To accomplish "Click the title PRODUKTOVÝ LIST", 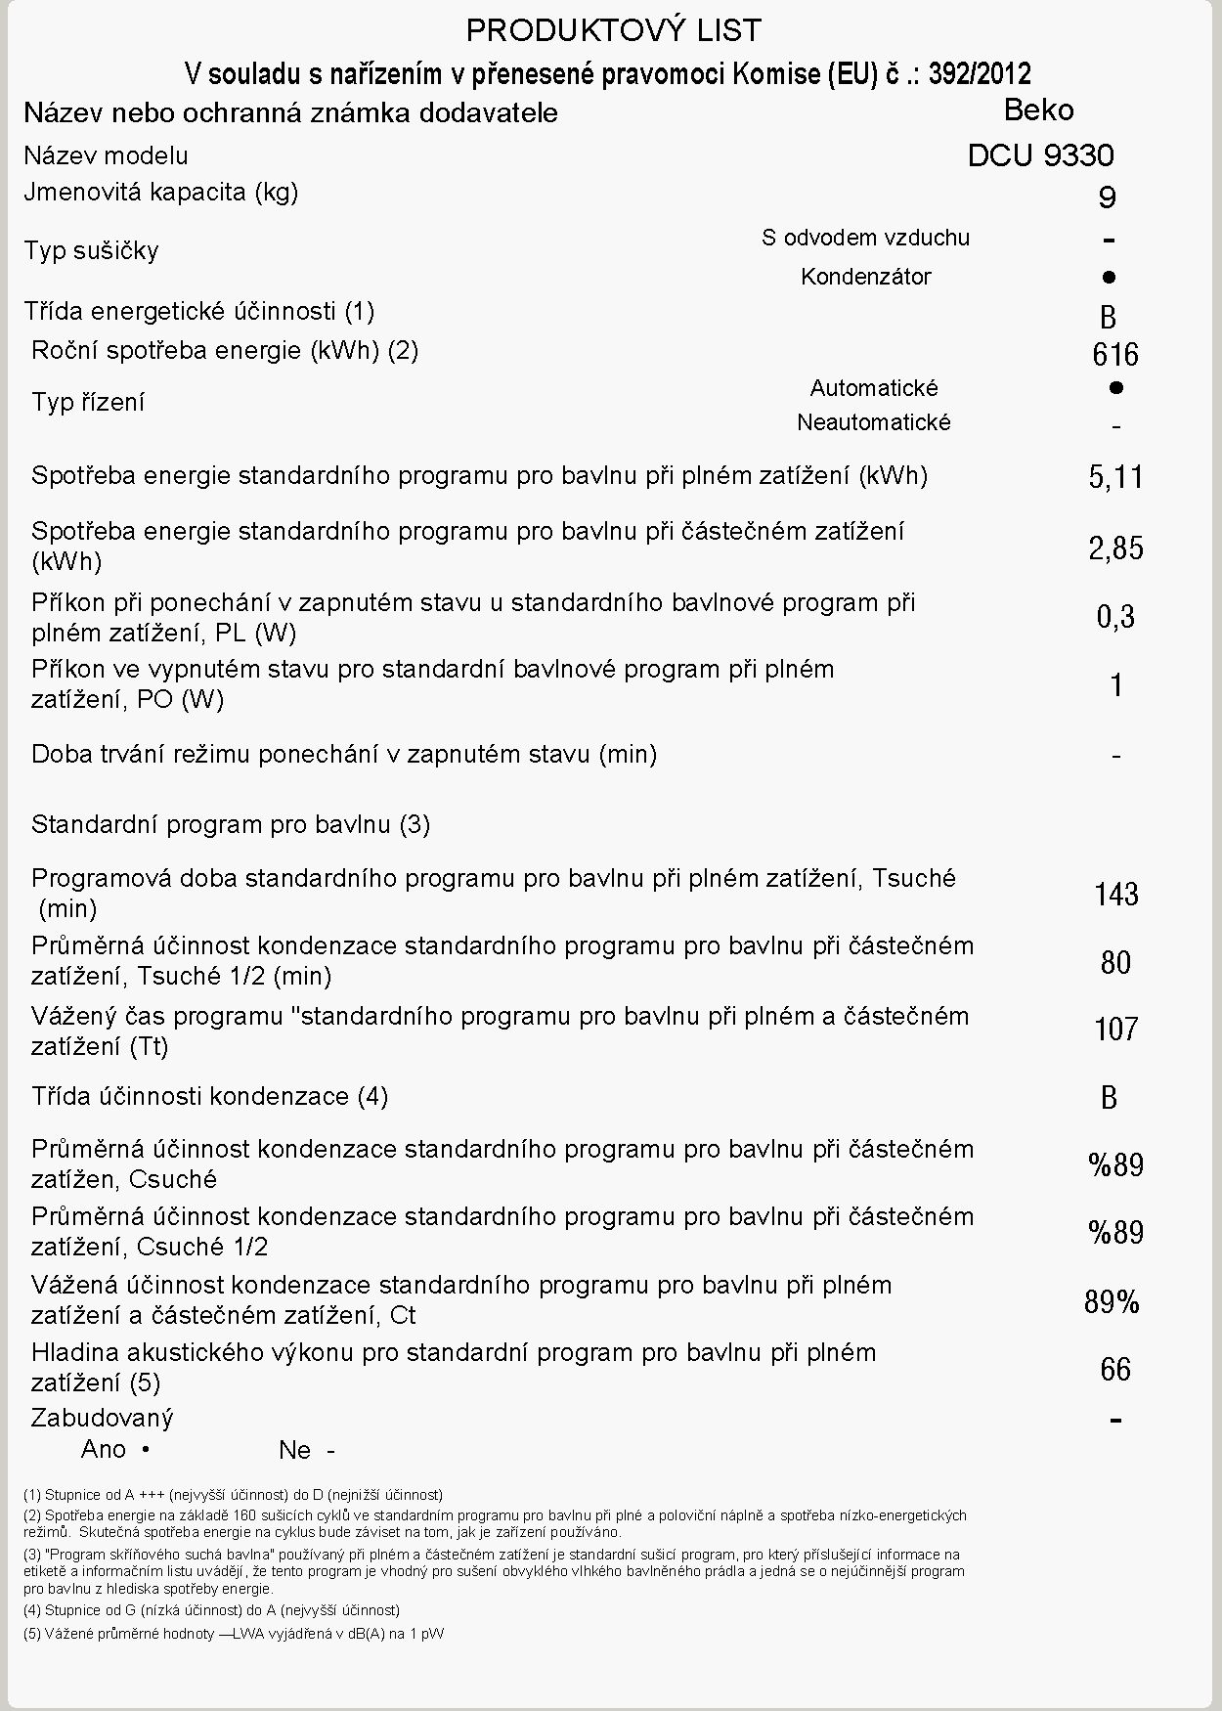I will [613, 30].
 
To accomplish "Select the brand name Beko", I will [1038, 110].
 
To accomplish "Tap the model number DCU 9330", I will [1040, 155].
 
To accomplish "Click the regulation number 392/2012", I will [980, 73].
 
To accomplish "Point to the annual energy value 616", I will [1115, 354].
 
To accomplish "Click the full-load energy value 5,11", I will [1115, 477].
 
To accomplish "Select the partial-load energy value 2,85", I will [1115, 548].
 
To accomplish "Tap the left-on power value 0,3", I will [1115, 617].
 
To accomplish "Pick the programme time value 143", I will [1115, 894].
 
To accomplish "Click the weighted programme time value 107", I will [1115, 1029].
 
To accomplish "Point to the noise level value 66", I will [1115, 1369].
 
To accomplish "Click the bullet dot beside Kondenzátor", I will [1109, 277].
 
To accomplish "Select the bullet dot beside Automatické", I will [1116, 387].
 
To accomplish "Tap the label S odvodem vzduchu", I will [865, 238].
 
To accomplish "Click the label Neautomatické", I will [873, 422].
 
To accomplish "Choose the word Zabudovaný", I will [102, 1418].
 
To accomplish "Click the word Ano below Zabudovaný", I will [103, 1449].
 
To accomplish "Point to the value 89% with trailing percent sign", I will [1112, 1301].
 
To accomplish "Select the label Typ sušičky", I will [91, 250].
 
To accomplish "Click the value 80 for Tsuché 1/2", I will [1115, 962].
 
